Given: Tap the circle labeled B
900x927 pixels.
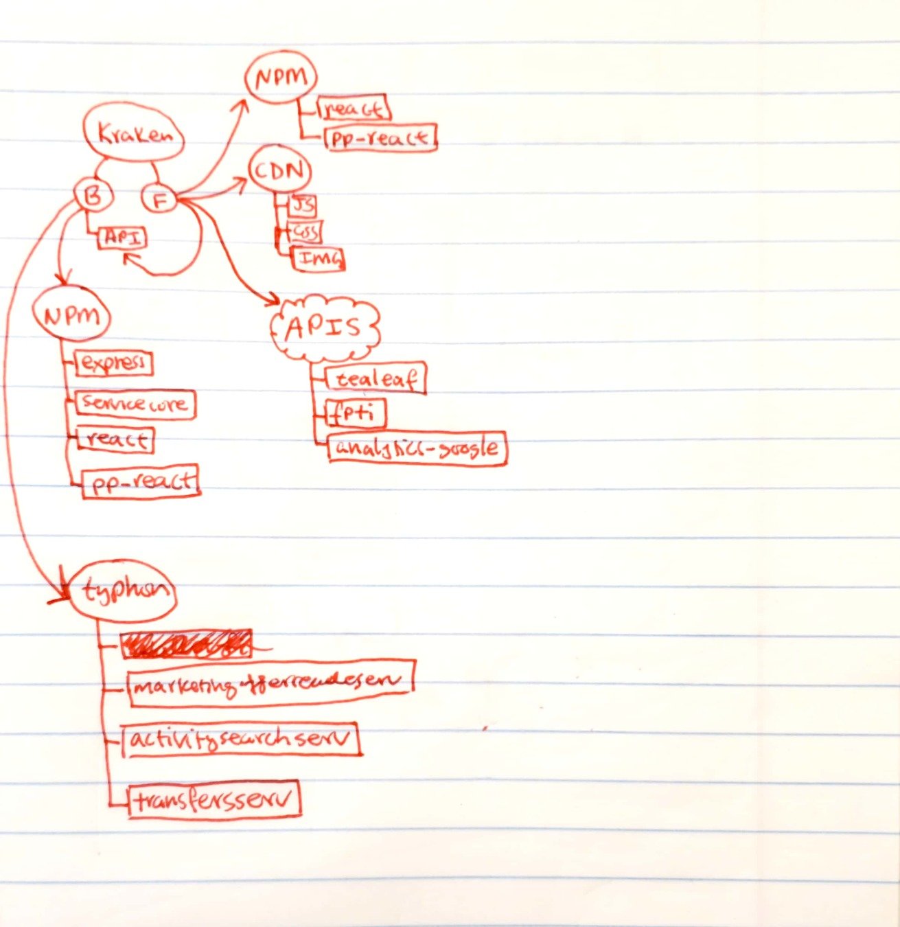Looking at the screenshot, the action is click(x=93, y=196).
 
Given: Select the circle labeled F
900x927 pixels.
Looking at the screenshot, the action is click(x=159, y=200).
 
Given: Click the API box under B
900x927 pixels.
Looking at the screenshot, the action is click(x=123, y=238).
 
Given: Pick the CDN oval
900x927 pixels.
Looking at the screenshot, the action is click(x=279, y=170).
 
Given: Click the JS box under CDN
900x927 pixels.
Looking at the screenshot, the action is click(x=302, y=205).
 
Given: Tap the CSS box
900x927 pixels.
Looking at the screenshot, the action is click(x=304, y=231).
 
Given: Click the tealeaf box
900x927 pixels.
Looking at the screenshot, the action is click(x=376, y=378).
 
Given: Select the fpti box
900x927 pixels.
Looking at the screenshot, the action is click(x=356, y=413).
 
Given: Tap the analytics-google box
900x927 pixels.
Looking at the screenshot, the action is click(x=417, y=448).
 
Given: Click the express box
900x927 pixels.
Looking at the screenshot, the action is click(x=114, y=363).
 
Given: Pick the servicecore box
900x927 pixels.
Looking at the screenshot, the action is click(x=135, y=404).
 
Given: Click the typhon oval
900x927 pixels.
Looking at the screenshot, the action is click(x=124, y=591).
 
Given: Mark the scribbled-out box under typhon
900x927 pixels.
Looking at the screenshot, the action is click(x=186, y=644).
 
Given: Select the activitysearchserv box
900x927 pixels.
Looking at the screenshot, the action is click(x=242, y=740).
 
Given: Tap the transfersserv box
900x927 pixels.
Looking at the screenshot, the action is click(x=214, y=799).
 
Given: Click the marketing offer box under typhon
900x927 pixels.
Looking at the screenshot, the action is click(x=271, y=682).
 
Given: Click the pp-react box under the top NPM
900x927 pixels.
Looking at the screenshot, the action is click(x=380, y=138).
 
